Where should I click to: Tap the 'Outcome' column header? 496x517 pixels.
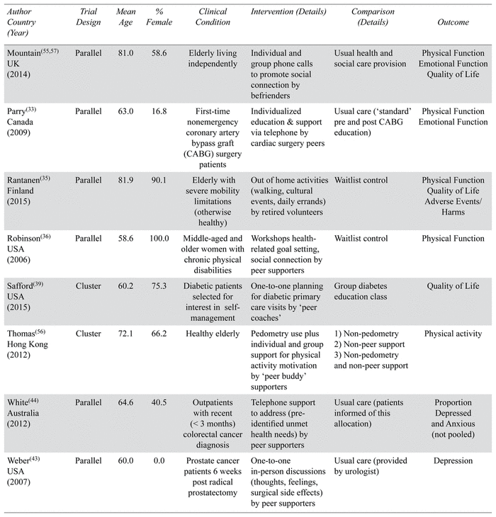(453, 23)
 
